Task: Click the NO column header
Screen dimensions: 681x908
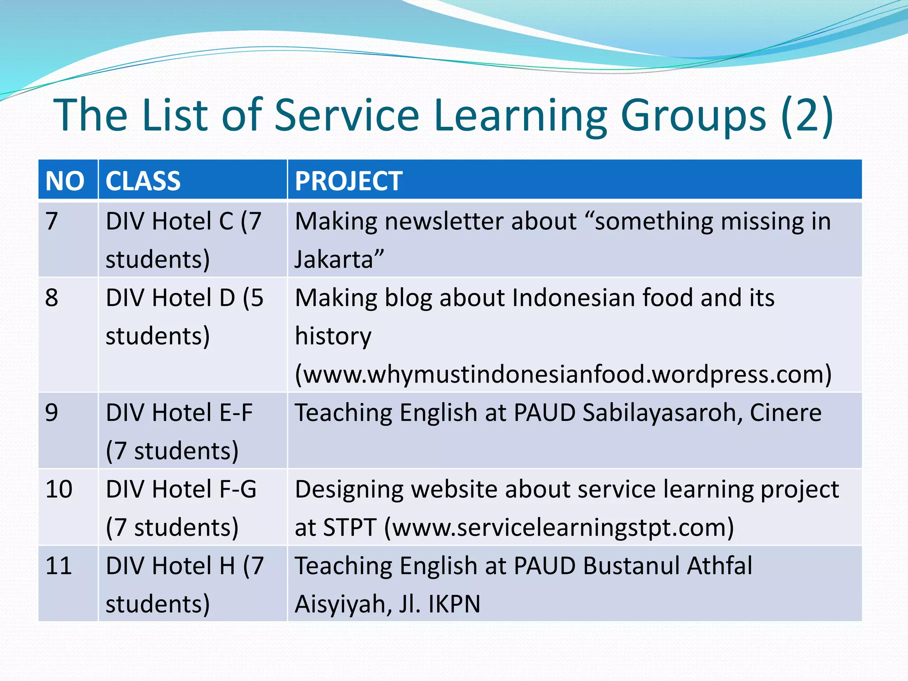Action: [x=65, y=181]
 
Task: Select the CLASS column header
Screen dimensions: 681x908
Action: [x=143, y=181]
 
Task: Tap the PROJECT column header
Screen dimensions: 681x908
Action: [x=348, y=181]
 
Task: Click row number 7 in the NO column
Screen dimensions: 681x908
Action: [x=51, y=221]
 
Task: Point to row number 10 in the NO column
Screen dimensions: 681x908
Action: [x=59, y=489]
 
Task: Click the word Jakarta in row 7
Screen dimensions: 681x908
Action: [x=335, y=259]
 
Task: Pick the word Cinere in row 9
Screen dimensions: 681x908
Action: [x=785, y=413]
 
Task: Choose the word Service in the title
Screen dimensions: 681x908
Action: [x=346, y=115]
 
